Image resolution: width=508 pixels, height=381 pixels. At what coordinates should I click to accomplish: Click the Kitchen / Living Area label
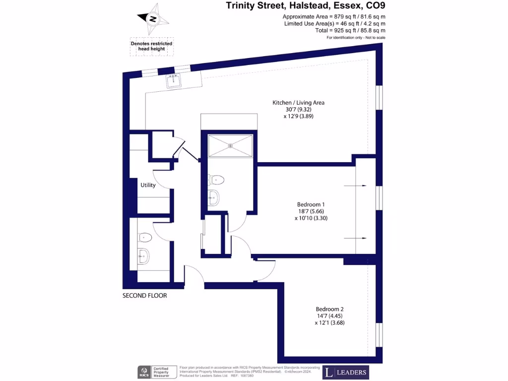pos(298,103)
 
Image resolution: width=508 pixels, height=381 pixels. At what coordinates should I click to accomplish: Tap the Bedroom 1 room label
pos(311,204)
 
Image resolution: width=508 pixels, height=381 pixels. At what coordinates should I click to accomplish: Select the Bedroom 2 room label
pos(329,309)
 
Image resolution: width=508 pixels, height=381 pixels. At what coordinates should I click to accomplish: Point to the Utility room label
pos(148,185)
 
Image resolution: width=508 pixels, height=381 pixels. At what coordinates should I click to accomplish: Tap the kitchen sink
pos(175,81)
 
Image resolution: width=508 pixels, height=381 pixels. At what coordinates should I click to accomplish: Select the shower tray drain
pos(230,145)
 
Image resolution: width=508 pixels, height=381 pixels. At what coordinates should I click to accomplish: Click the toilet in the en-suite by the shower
pos(216,179)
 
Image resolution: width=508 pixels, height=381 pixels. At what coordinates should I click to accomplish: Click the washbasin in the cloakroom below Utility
pos(143,255)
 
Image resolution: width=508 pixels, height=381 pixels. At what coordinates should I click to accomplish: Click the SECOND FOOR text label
pos(144,296)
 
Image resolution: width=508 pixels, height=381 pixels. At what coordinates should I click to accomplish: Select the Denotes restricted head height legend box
pos(151,46)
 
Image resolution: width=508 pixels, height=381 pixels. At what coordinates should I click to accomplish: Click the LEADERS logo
pos(346,372)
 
